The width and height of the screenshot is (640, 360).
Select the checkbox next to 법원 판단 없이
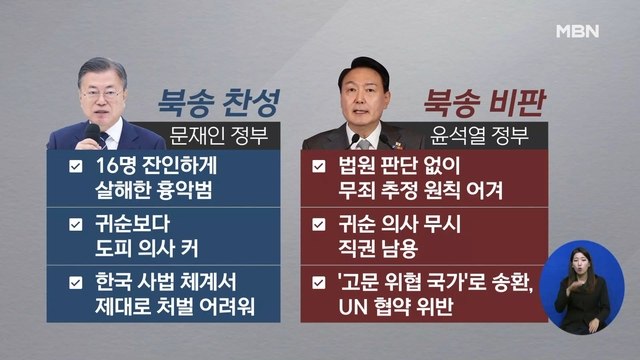tap(319, 167)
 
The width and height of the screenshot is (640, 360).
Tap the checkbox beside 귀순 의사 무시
tap(319, 225)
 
